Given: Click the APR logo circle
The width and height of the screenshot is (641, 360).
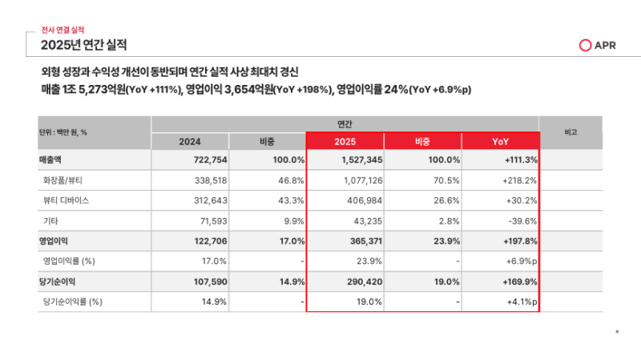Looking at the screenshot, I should click(x=585, y=46).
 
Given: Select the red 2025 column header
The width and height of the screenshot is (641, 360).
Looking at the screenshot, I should click(x=345, y=142).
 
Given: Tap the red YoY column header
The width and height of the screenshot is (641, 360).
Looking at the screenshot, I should click(x=500, y=142).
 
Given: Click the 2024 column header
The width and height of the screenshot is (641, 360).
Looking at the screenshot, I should click(x=190, y=142).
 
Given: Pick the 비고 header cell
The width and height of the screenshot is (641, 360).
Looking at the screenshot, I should click(x=571, y=131).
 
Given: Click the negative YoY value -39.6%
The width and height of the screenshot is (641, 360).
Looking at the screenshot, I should click(x=519, y=220).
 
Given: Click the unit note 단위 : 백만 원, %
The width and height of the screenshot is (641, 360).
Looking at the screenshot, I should click(x=63, y=132).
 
